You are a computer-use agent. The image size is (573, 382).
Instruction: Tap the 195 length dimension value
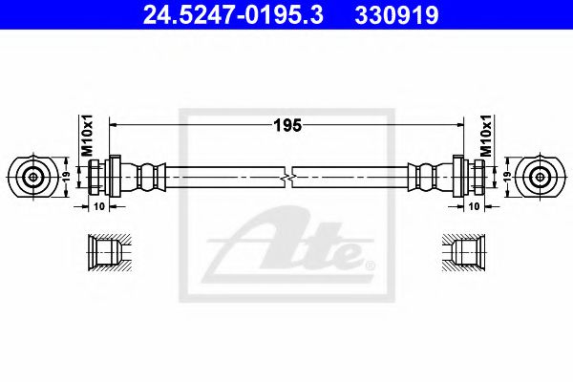[x=286, y=121]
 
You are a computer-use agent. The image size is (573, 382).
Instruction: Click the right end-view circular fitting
[x=540, y=177]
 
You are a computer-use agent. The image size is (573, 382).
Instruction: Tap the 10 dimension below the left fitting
[x=100, y=204]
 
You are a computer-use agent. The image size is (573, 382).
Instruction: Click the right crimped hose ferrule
[x=426, y=177]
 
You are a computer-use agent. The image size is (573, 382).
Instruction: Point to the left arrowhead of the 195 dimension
[x=115, y=122]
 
